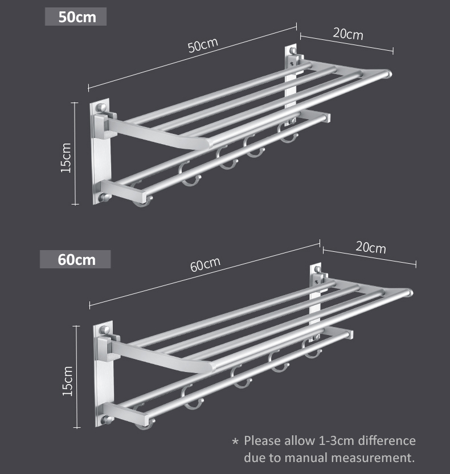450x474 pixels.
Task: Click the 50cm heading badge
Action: click(76, 17)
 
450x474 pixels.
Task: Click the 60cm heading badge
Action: click(75, 259)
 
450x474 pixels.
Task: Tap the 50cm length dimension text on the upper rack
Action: click(203, 46)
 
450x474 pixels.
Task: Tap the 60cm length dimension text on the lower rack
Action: click(205, 264)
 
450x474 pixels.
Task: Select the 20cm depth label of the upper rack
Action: click(348, 34)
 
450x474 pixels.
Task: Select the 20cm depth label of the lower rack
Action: click(370, 248)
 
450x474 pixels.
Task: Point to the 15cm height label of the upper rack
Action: click(66, 158)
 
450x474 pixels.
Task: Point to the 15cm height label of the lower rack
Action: click(67, 381)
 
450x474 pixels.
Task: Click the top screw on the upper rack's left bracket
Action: click(101, 107)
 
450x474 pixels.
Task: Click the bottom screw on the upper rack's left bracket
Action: click(104, 198)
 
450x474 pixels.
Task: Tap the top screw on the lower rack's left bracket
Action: click(105, 330)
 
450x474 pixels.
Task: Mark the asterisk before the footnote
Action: click(235, 442)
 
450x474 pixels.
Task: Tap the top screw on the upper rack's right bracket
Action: click(293, 51)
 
